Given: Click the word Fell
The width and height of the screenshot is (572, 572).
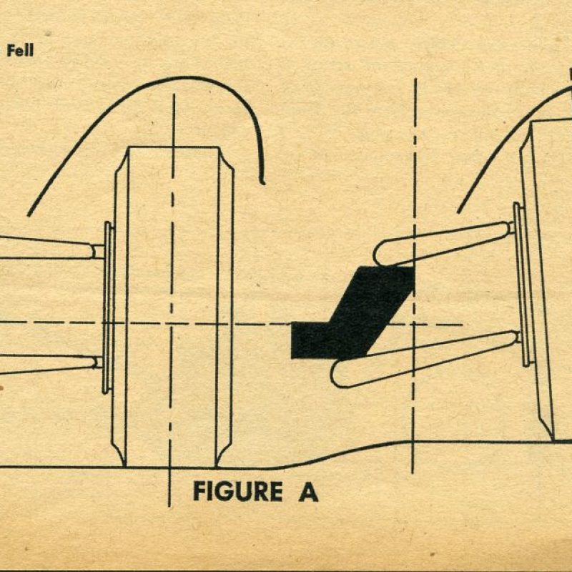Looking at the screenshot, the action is (x=20, y=50).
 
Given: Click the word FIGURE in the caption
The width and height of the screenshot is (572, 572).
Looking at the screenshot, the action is (x=237, y=491).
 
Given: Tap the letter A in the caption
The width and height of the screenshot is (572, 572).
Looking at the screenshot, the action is (x=308, y=491).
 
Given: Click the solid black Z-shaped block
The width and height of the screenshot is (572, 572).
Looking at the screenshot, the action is (x=352, y=313).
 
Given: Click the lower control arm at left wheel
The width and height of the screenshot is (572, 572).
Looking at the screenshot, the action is (x=47, y=364).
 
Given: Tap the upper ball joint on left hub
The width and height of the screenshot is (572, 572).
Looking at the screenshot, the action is (x=98, y=252).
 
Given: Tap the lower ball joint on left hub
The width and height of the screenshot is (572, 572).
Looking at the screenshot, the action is (x=99, y=363).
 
